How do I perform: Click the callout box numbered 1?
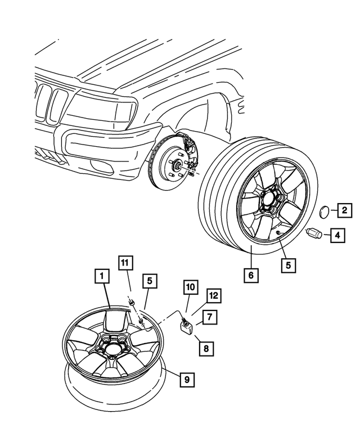click(101, 276)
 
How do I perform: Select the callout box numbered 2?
click(344, 211)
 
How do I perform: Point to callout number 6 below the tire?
click(251, 276)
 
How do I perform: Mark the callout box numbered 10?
click(190, 287)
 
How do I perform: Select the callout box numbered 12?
click(213, 295)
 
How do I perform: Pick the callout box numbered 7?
click(208, 317)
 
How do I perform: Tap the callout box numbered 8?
click(205, 349)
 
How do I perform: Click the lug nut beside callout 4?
click(314, 233)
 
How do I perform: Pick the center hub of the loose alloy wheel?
click(111, 345)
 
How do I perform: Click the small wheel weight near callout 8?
click(186, 327)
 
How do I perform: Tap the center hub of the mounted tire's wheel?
click(270, 202)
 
